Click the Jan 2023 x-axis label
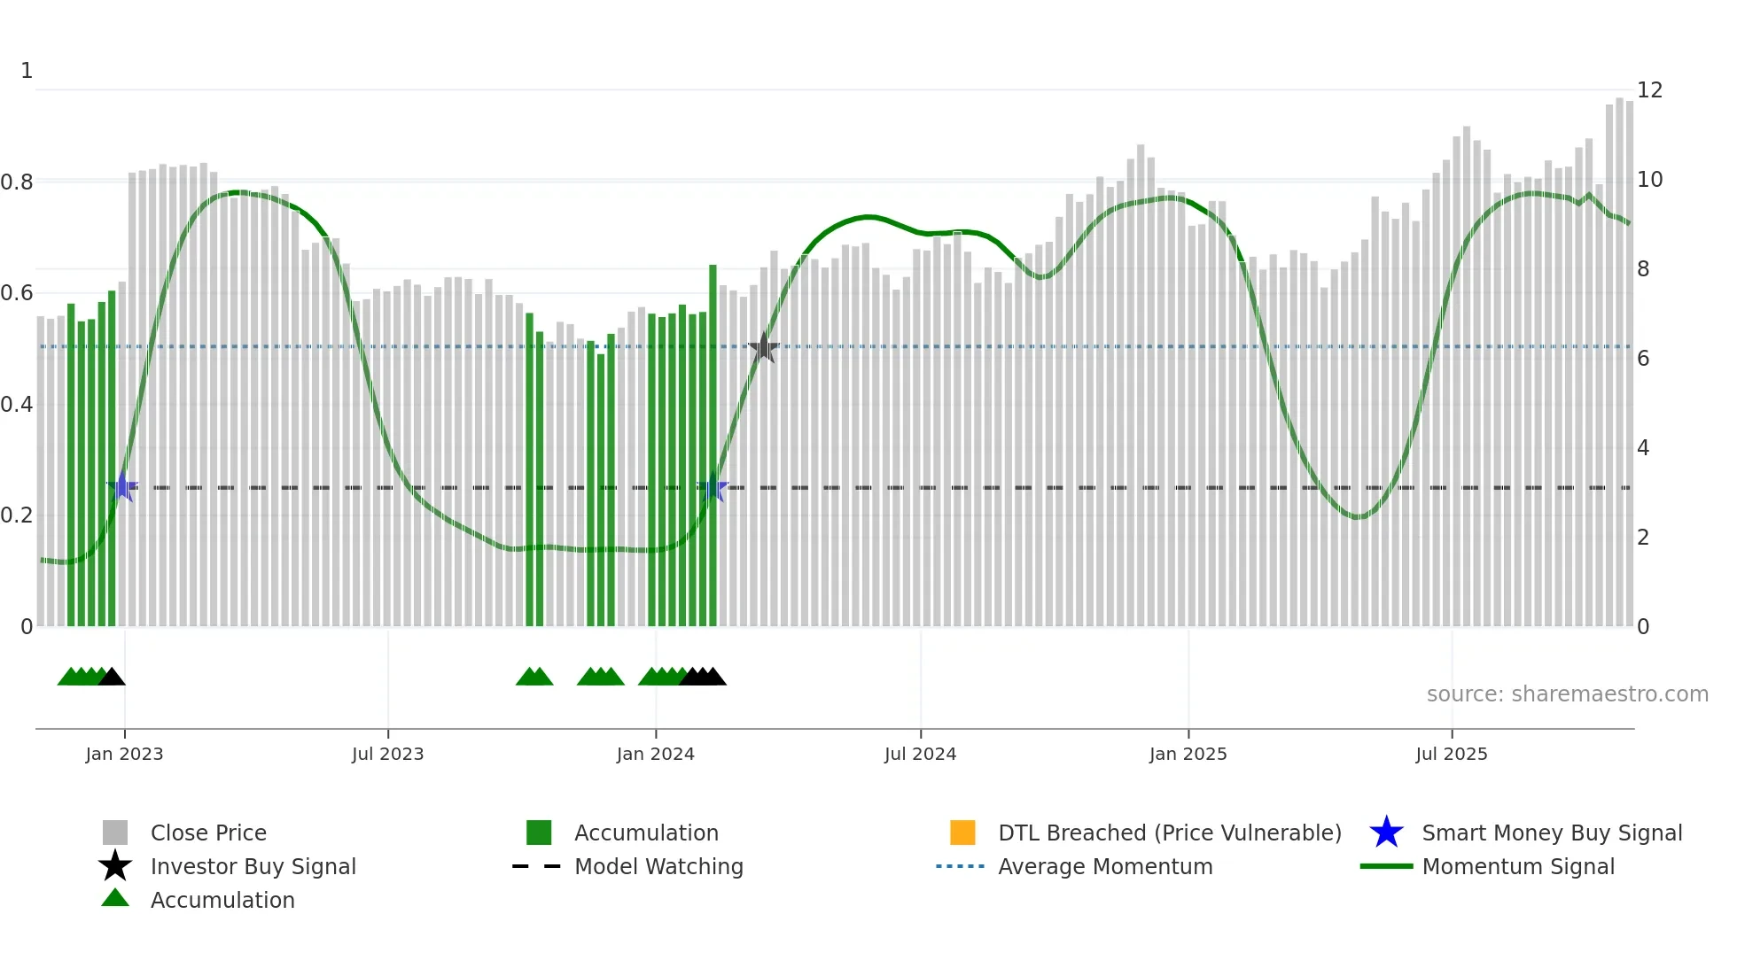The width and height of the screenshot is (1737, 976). pos(124,754)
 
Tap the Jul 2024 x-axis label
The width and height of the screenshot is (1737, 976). pos(920,754)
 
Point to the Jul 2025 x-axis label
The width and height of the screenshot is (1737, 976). pos(1451,754)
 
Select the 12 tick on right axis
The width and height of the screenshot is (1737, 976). pos(1648,90)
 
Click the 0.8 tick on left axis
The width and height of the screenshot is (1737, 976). pos(17,182)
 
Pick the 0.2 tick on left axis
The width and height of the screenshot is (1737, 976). pos(17,515)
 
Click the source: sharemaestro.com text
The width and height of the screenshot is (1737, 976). pos(1567,694)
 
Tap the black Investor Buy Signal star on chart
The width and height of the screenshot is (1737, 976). pos(763,348)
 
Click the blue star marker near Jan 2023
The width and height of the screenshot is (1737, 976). pos(122,487)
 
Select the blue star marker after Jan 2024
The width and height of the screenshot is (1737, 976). pos(713,487)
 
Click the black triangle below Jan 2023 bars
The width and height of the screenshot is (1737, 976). pos(112,678)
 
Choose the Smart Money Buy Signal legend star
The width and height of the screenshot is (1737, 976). pos(1386,833)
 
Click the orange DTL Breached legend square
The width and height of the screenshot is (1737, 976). pos(962,833)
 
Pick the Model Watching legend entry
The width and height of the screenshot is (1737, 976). pos(658,866)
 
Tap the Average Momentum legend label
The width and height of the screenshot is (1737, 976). pos(1104,866)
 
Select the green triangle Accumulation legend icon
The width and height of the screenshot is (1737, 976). pos(115,899)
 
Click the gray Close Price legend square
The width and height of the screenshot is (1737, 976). pos(115,833)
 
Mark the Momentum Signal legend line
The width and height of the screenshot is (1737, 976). pos(1386,866)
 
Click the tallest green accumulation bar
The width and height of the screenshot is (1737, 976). pos(713,443)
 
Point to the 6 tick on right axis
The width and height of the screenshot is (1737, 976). pos(1642,359)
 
